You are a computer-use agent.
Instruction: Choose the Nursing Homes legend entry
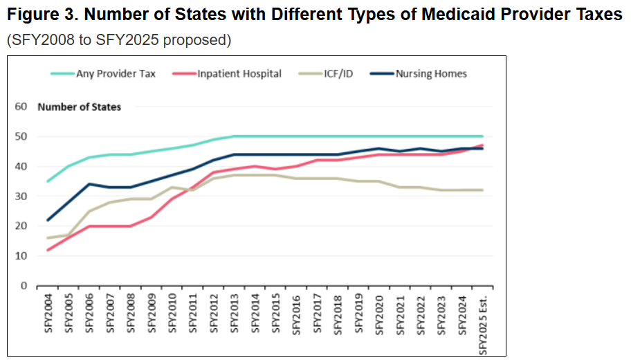click(x=431, y=73)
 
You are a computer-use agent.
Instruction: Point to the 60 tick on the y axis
click(x=21, y=107)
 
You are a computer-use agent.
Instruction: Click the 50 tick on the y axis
click(x=21, y=136)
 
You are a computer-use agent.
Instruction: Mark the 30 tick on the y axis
click(x=21, y=196)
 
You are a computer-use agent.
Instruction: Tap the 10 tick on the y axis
click(x=21, y=255)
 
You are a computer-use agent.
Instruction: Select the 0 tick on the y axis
click(x=24, y=285)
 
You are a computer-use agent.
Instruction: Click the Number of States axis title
click(x=80, y=107)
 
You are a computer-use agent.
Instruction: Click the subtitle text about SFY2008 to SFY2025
click(x=118, y=40)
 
